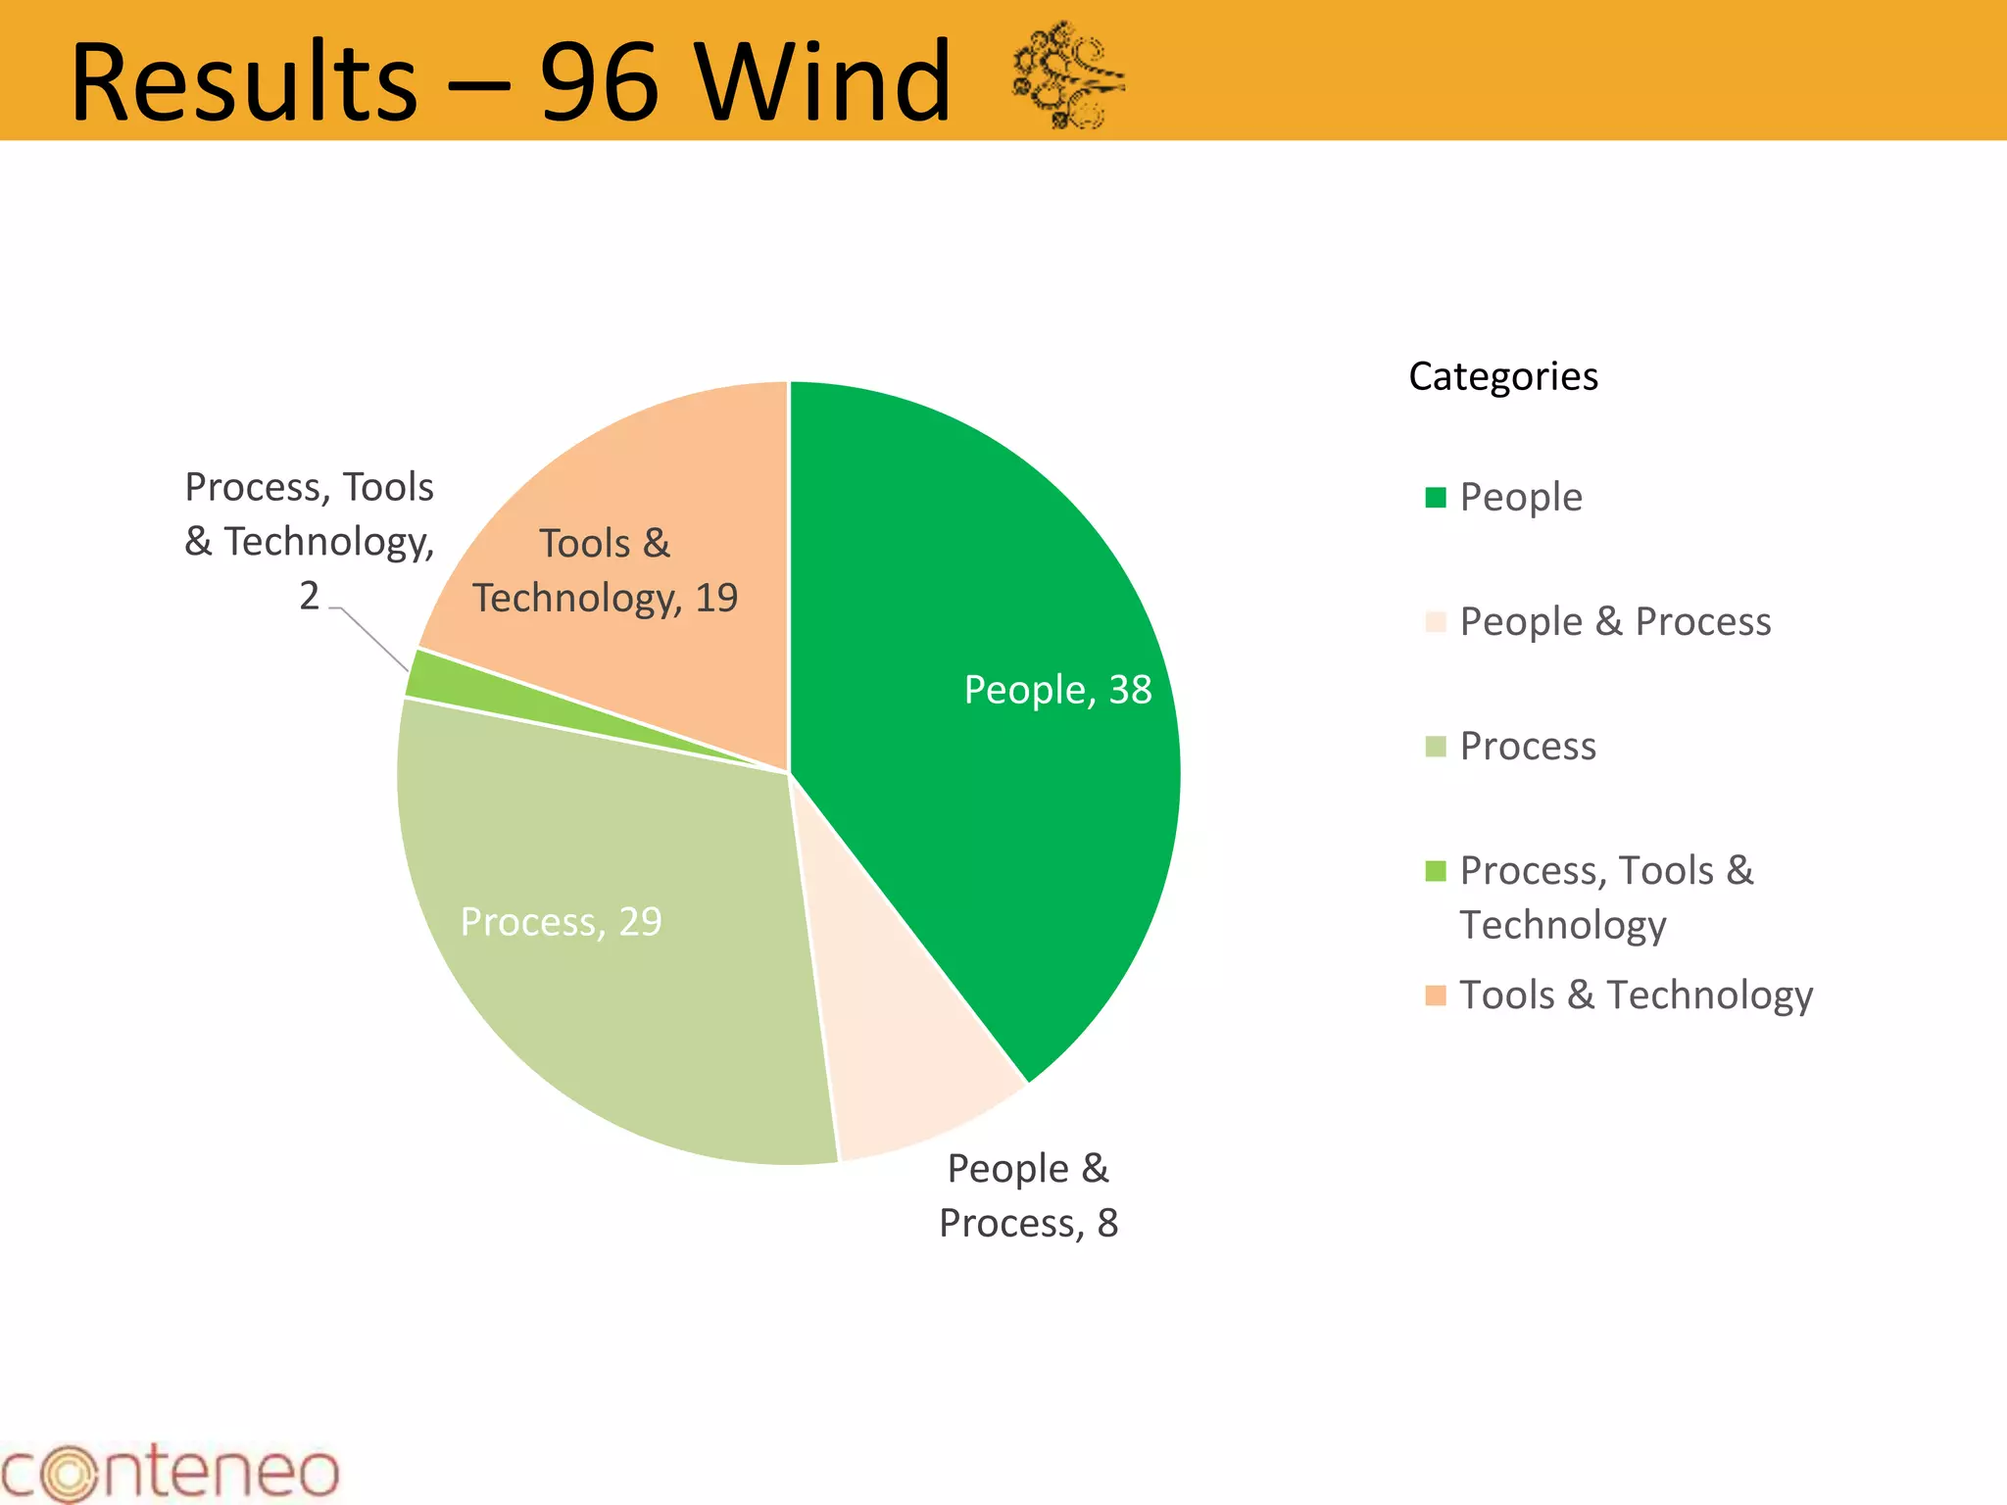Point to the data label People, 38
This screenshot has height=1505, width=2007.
(1057, 690)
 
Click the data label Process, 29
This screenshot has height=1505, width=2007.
(562, 922)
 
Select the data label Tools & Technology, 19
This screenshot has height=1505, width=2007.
(605, 570)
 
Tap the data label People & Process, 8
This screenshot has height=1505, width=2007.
(1028, 1195)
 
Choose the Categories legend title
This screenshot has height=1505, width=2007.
(1502, 376)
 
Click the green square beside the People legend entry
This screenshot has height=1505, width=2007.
(1436, 498)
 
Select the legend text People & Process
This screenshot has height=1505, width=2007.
(1615, 621)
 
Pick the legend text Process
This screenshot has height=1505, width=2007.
(1528, 746)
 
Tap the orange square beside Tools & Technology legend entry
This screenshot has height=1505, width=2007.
(1436, 995)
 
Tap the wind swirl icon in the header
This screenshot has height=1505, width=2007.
(1068, 74)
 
